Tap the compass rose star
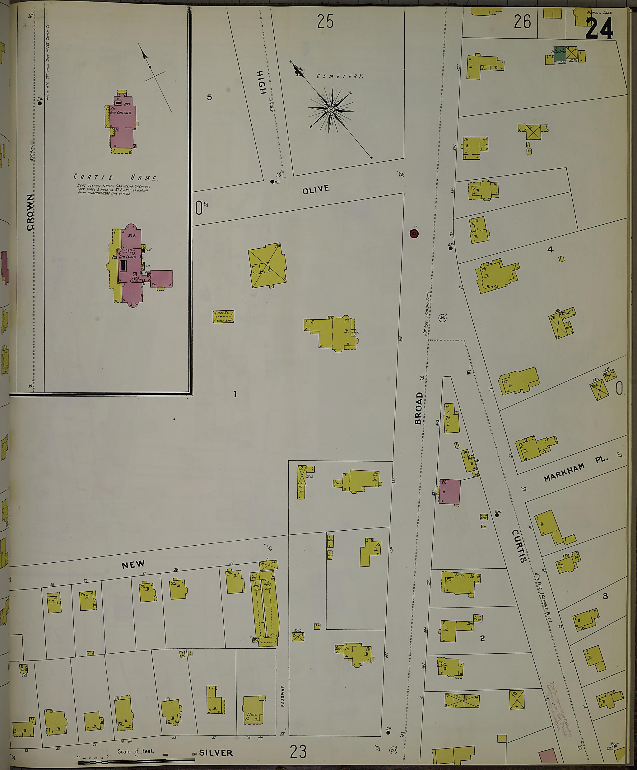(331, 110)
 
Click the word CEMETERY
(340, 76)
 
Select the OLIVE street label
(316, 189)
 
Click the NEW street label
(133, 565)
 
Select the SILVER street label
(216, 753)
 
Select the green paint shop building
(559, 54)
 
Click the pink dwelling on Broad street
(450, 491)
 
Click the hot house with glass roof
(223, 317)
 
